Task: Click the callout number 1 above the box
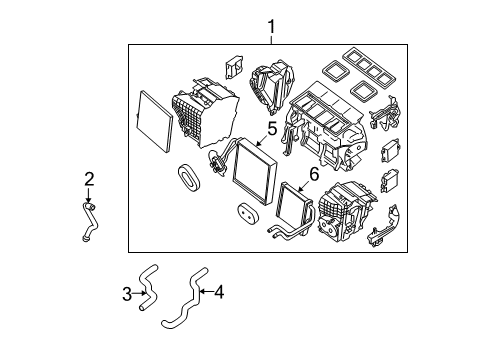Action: [272, 27]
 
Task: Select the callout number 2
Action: [89, 179]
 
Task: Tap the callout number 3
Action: [127, 294]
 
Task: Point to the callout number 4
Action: [219, 292]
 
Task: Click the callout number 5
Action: [272, 129]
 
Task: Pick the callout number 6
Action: [314, 174]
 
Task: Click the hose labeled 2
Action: [90, 221]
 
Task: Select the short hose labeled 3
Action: [148, 287]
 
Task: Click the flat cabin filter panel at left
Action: [154, 121]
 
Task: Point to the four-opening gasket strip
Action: [369, 69]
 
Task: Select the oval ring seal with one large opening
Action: [189, 178]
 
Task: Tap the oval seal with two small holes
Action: [248, 214]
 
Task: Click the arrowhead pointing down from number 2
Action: [88, 200]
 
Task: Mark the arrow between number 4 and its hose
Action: [206, 292]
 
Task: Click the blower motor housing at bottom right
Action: [347, 212]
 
